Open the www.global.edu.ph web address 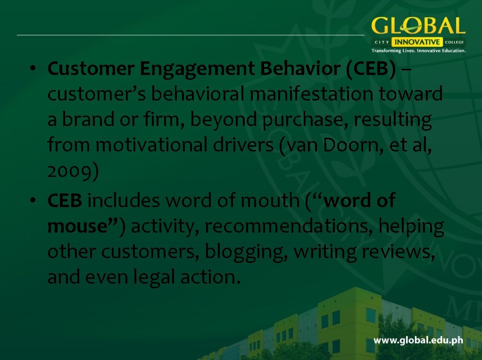click(418, 340)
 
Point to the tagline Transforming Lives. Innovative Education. click(418, 50)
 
